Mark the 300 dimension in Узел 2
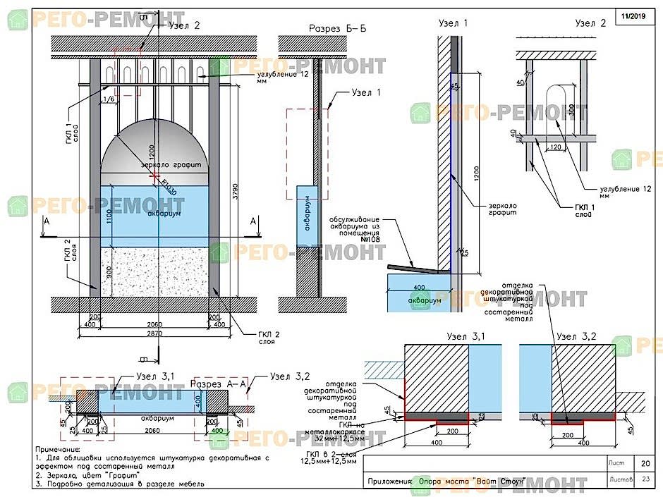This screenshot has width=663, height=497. (x=571, y=109)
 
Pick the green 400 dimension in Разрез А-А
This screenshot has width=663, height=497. (x=217, y=430)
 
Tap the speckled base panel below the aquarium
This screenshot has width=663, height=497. (x=156, y=271)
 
